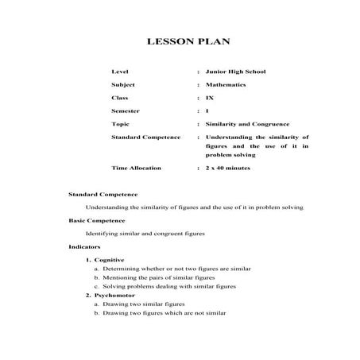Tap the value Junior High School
coord(235,72)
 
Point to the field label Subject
coord(123,84)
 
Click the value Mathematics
coord(226,84)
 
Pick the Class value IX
coord(209,98)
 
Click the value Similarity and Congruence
coord(247,124)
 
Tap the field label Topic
coord(121,124)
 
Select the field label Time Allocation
coord(136,168)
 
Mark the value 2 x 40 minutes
coord(228,168)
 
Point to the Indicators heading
coord(84,247)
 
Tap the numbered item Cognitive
coord(109,260)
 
